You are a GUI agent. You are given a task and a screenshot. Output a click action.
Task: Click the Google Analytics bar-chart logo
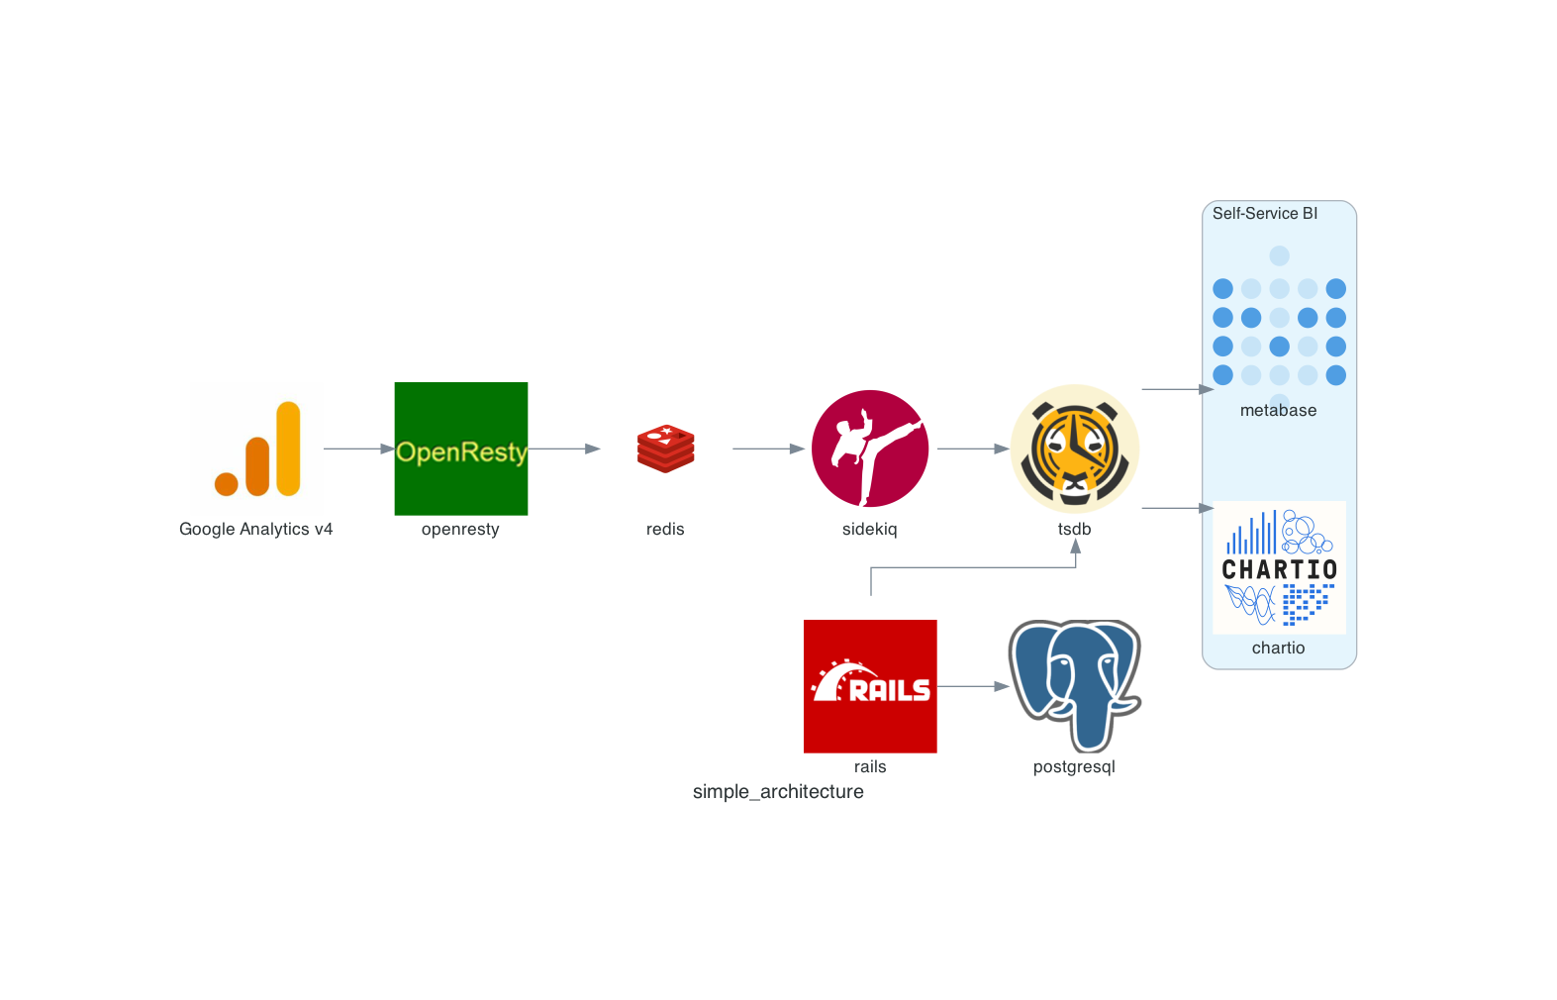tap(257, 449)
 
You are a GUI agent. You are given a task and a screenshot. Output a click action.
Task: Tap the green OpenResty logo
tap(461, 449)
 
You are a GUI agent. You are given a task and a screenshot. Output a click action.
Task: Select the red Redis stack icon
tap(665, 449)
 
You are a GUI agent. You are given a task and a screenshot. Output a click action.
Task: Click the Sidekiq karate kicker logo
tap(870, 449)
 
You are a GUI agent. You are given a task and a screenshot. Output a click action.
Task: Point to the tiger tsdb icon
tap(1075, 449)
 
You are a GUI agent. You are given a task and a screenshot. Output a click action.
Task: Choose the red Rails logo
tap(870, 686)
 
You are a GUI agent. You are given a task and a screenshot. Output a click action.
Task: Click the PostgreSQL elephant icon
tap(1075, 685)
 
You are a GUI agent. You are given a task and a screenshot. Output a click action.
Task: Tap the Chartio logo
tap(1279, 567)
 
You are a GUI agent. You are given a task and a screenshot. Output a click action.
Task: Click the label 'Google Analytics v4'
tap(255, 529)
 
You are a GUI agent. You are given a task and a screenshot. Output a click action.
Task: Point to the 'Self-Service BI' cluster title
tap(1264, 213)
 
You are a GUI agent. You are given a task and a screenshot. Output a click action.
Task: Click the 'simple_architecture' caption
tap(778, 791)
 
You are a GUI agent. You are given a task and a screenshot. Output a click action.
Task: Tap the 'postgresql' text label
tap(1074, 766)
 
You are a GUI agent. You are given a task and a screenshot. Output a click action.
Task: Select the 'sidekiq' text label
tap(869, 529)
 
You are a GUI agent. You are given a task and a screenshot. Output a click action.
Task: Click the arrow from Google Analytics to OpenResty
tap(358, 449)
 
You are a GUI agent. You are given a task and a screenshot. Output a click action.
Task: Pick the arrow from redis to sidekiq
tap(768, 449)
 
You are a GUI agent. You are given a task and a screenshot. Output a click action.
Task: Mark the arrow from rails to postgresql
tap(972, 686)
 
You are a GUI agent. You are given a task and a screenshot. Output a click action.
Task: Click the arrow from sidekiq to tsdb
tap(972, 449)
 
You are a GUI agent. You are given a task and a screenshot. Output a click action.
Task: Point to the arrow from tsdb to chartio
tap(1177, 508)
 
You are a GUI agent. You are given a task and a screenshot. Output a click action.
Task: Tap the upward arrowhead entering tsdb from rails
tap(1075, 547)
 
